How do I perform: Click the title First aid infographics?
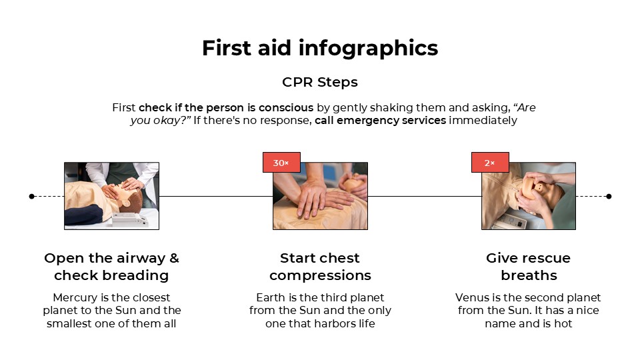(x=320, y=48)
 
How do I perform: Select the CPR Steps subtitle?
(x=320, y=82)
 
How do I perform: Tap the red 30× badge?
(x=281, y=163)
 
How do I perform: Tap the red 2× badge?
(x=490, y=163)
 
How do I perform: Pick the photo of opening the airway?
(x=111, y=196)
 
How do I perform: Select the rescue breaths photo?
(x=529, y=196)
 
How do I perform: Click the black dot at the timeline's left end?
(x=31, y=196)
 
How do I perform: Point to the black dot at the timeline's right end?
(x=609, y=196)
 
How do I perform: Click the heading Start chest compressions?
(x=320, y=267)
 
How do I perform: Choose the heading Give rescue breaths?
(x=529, y=267)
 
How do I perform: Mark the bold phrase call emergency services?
(x=380, y=121)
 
